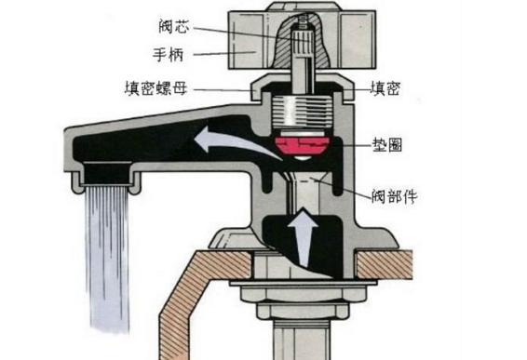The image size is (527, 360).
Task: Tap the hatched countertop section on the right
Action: click(390, 266)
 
